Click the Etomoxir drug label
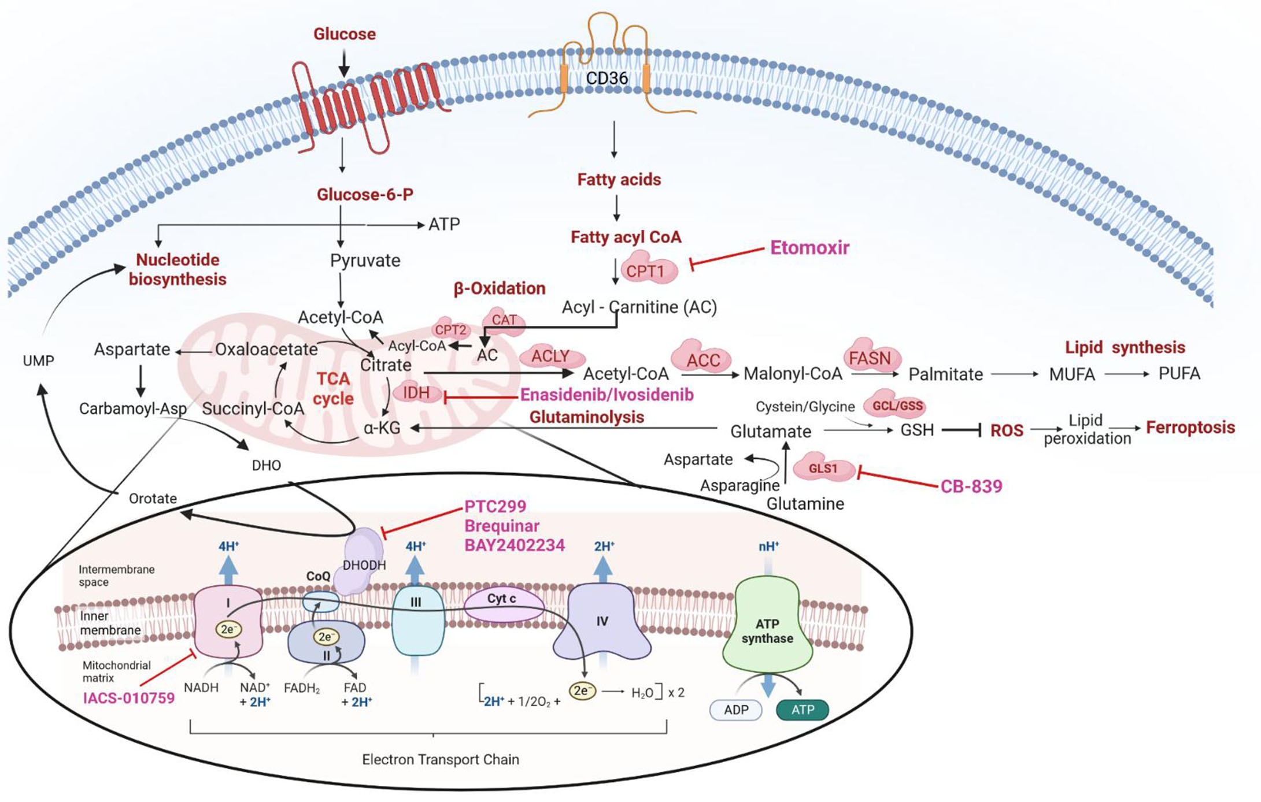tap(809, 248)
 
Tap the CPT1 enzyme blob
tap(647, 271)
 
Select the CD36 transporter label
tap(607, 78)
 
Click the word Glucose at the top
tap(344, 34)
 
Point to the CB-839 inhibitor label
tap(971, 487)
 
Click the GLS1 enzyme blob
tap(823, 468)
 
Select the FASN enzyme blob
tap(870, 358)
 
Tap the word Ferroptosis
tap(1190, 428)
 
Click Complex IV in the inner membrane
tap(602, 622)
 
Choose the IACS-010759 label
tap(128, 698)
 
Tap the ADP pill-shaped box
tap(735, 710)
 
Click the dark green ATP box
tap(803, 710)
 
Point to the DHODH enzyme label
tap(364, 565)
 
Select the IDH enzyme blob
tap(416, 393)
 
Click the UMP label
tap(38, 361)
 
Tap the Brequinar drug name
tap(502, 526)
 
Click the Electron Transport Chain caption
tap(440, 759)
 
